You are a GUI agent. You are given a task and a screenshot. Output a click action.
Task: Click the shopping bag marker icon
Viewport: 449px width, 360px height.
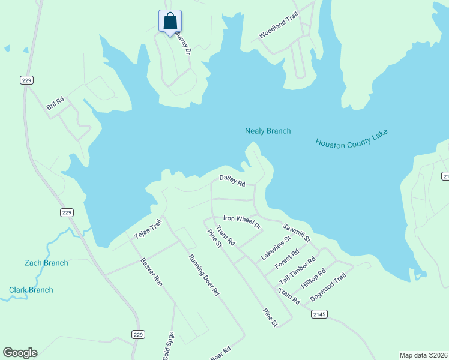170,21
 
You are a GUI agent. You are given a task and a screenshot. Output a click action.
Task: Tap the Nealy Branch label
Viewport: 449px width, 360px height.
268,131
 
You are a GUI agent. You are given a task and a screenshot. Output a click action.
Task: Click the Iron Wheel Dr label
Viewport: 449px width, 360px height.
242,222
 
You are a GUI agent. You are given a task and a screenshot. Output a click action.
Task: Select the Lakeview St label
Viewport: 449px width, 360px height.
276,247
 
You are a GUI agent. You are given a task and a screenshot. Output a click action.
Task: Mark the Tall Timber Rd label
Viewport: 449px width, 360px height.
297,271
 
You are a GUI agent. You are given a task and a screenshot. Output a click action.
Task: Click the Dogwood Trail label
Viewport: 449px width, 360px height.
328,287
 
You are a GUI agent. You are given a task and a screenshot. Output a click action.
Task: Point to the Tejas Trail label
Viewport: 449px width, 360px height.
148,229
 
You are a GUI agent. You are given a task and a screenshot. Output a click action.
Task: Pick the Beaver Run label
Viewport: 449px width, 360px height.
151,271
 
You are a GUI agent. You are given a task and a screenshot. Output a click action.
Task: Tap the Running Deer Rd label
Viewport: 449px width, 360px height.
204,275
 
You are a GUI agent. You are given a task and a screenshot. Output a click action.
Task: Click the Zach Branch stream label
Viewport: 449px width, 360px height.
46,263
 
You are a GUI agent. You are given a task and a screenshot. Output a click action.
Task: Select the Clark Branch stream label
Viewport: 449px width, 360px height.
31,290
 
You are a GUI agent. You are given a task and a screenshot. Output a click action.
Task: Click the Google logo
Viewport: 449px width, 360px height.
20,353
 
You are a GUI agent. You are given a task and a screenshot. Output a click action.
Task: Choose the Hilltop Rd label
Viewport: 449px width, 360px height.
313,278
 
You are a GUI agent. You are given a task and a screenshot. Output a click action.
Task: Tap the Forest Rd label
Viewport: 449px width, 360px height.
287,259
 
